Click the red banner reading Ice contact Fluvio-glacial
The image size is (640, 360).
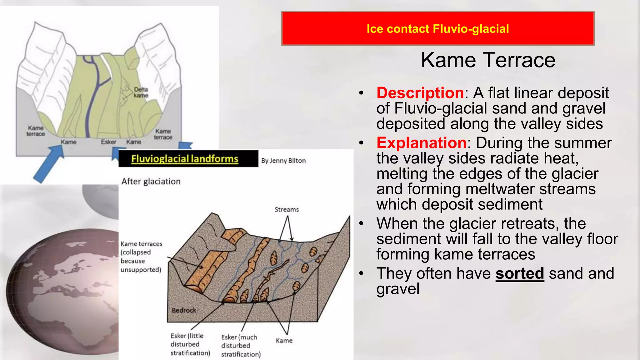437,29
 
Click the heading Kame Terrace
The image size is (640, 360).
488,60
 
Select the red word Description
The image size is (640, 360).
420,93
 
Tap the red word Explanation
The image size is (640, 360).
421,143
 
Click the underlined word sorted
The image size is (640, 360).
520,273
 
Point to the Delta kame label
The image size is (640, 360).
141,92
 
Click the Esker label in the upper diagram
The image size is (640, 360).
108,142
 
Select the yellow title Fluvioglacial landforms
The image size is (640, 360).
185,159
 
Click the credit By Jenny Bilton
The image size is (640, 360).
283,161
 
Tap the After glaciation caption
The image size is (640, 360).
151,182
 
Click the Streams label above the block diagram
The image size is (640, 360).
287,210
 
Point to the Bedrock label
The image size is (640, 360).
184,310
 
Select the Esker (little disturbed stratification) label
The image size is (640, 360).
190,344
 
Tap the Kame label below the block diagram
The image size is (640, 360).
284,341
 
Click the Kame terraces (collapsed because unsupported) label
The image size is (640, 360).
141,257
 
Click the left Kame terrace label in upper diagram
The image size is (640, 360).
36,131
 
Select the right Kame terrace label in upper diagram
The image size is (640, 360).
163,134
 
